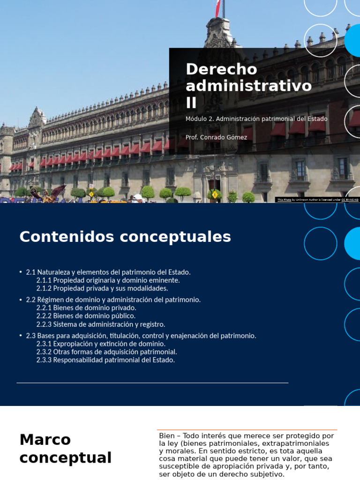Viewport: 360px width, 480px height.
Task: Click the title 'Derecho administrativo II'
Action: (248, 85)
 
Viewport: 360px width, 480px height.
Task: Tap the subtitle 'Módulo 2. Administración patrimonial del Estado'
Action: (256, 119)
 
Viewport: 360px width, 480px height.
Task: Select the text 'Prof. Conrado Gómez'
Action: (216, 137)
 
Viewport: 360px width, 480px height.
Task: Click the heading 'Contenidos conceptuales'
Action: (125, 237)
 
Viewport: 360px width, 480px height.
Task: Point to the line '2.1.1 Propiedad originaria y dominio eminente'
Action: (108, 280)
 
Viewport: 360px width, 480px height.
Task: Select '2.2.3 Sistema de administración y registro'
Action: (100, 324)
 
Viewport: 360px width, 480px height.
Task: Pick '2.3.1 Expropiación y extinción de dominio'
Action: (101, 344)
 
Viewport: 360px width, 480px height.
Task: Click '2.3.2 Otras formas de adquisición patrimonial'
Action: (106, 352)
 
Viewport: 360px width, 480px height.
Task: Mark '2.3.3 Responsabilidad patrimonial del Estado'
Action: (105, 360)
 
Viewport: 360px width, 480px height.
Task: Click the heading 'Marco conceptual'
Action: (66, 449)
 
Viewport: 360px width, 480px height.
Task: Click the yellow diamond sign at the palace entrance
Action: (215, 194)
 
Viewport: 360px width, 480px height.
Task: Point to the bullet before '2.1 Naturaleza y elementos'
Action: (21, 272)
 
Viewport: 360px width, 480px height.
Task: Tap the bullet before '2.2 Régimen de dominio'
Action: (21, 300)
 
